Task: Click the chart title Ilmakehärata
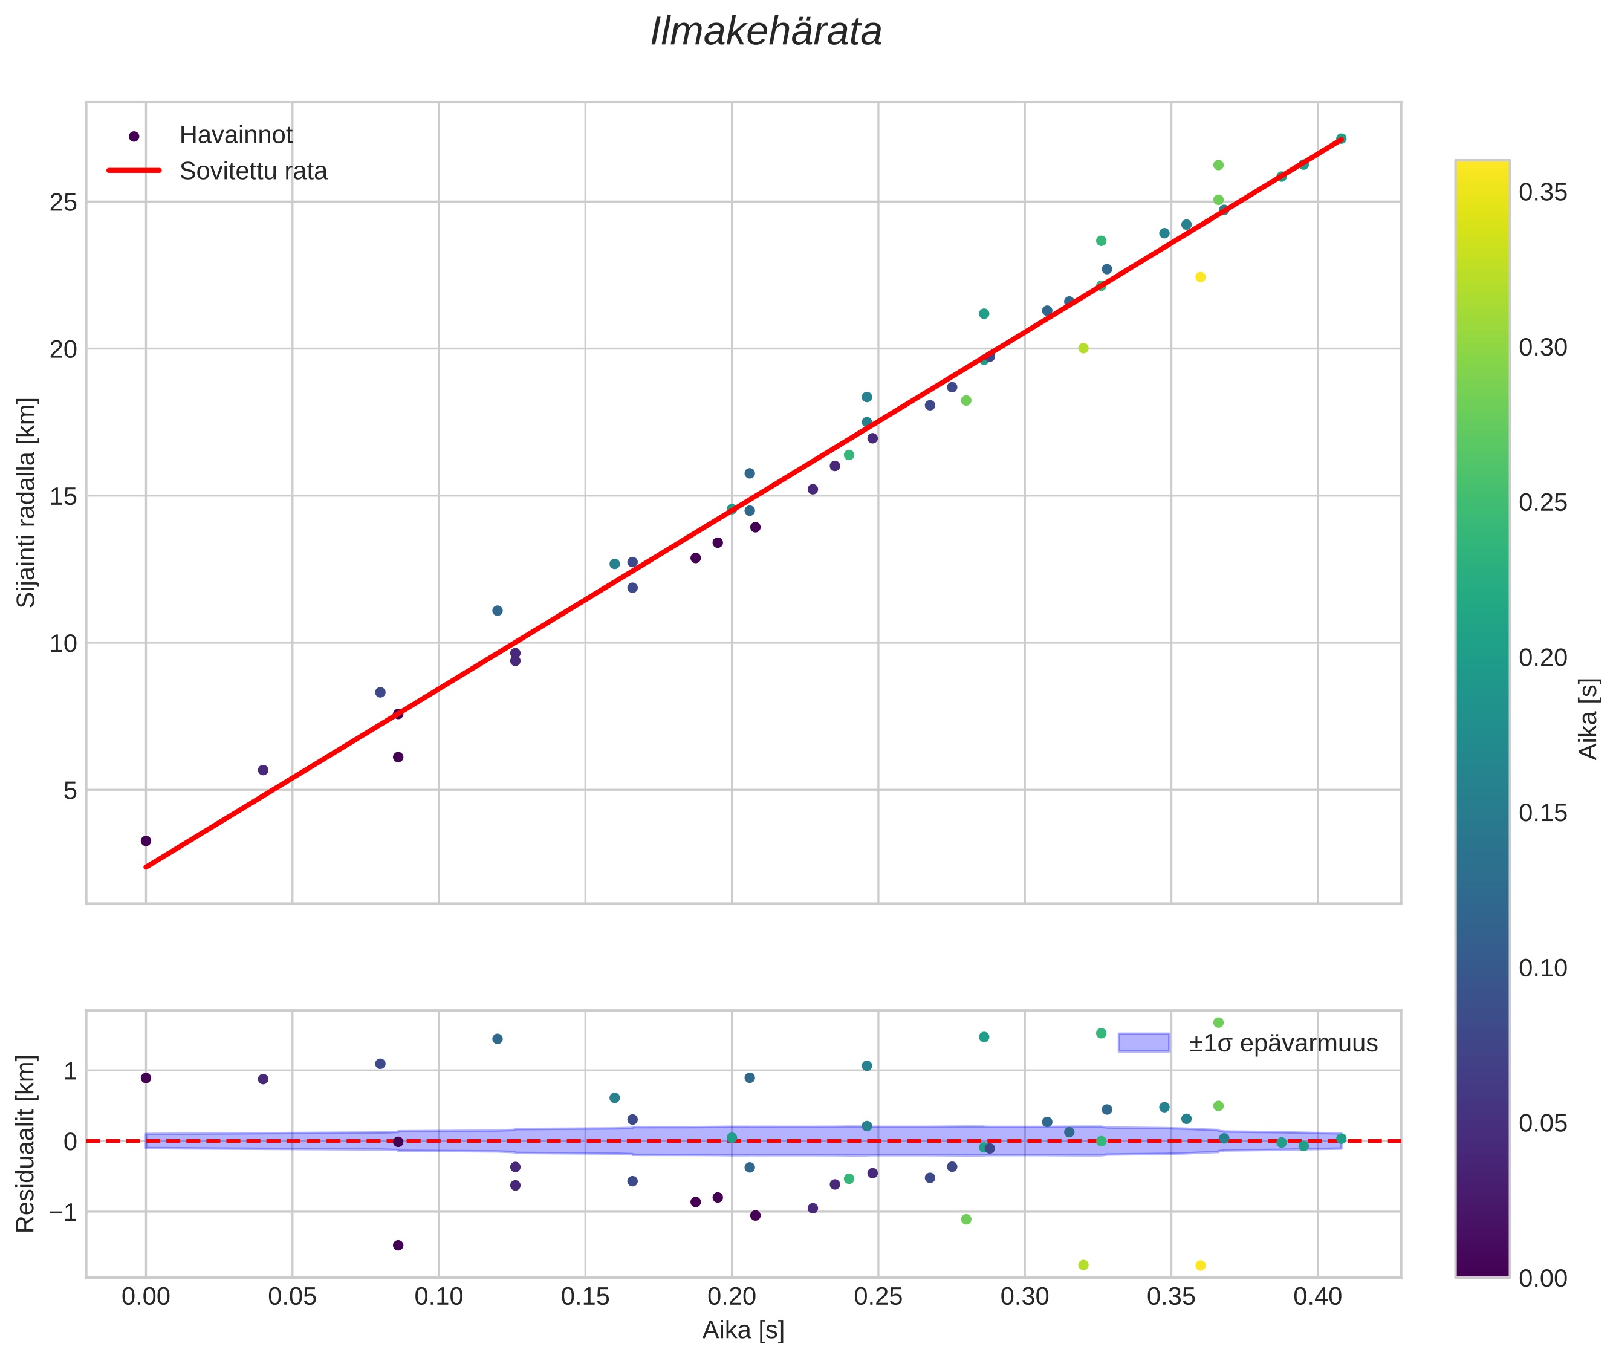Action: pyautogui.click(x=765, y=32)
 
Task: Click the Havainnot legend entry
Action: pyautogui.click(x=236, y=135)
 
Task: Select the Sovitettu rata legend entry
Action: pyautogui.click(x=253, y=171)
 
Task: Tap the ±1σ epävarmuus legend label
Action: pyautogui.click(x=1283, y=1043)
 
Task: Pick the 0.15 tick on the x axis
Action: pyautogui.click(x=585, y=1297)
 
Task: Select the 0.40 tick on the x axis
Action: pyautogui.click(x=1317, y=1297)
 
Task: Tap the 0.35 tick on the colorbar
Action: pyautogui.click(x=1542, y=192)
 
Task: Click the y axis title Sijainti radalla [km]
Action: pyautogui.click(x=27, y=502)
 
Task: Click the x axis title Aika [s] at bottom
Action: pyautogui.click(x=743, y=1330)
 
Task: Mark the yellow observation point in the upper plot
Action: pyautogui.click(x=1200, y=277)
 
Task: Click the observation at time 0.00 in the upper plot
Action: pyautogui.click(x=146, y=840)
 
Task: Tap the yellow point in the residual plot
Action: pyautogui.click(x=1200, y=1265)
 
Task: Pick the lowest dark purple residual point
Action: pyautogui.click(x=398, y=1245)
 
